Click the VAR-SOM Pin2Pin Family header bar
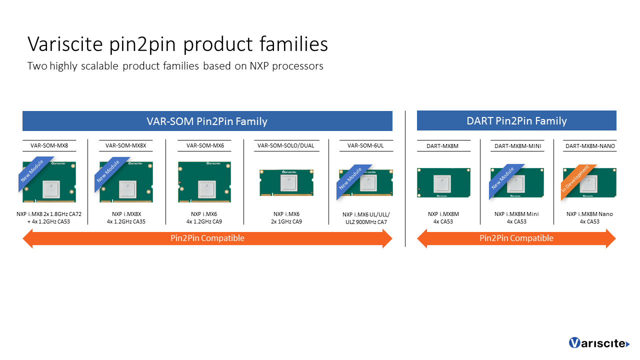[x=207, y=121]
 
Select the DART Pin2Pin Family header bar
[x=516, y=120]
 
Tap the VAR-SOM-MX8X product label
[x=125, y=145]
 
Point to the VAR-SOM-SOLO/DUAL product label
[x=285, y=145]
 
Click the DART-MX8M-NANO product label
[x=590, y=146]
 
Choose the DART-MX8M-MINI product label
[x=517, y=146]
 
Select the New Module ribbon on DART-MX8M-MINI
[x=503, y=178]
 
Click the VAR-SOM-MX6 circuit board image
[x=204, y=181]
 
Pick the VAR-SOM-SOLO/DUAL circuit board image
[x=286, y=182]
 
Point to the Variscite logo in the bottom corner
[x=598, y=343]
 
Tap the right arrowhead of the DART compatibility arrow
[x=610, y=238]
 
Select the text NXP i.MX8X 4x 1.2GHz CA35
[x=125, y=217]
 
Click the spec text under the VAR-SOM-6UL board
[x=365, y=218]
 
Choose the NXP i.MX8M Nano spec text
[x=589, y=217]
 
